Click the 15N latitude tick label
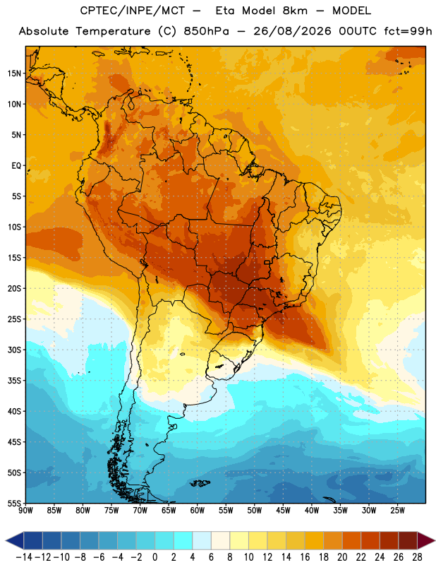point(14,73)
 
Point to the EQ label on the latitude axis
point(16,166)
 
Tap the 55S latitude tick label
point(14,504)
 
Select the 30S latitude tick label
point(14,350)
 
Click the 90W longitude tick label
point(26,511)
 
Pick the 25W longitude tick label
point(397,511)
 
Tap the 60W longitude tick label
point(198,511)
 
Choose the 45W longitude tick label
point(283,511)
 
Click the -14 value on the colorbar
point(24,557)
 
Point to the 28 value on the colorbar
point(417,557)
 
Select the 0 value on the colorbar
point(155,557)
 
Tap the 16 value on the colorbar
point(305,557)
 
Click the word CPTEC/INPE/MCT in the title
point(133,11)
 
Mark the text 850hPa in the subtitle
point(206,31)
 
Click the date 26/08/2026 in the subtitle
point(292,31)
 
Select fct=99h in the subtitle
point(408,31)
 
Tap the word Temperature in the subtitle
point(113,32)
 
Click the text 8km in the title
point(295,11)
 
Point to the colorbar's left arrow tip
point(6,541)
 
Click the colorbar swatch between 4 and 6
point(202,541)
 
